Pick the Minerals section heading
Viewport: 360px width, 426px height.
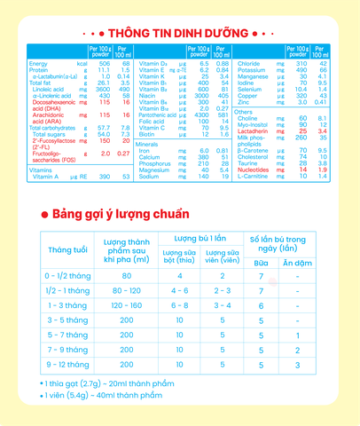147,144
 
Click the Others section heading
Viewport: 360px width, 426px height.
243,113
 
